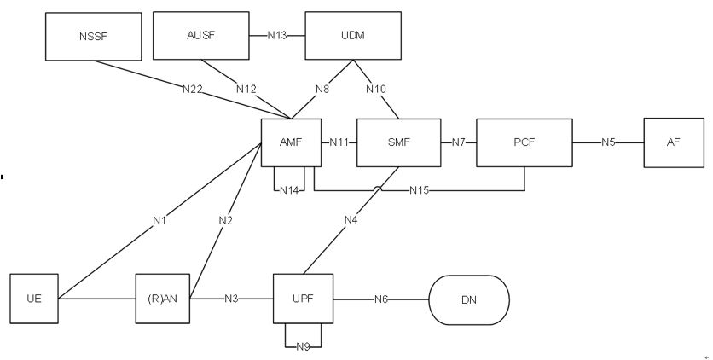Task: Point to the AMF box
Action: [x=292, y=142]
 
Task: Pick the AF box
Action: [x=674, y=142]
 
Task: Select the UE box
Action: [x=34, y=299]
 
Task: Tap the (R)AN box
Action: [x=163, y=299]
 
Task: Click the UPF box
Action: [x=303, y=299]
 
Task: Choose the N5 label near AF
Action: [x=607, y=142]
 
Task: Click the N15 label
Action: [x=420, y=189]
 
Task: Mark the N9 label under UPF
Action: [x=303, y=346]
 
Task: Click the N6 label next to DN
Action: [x=383, y=299]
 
